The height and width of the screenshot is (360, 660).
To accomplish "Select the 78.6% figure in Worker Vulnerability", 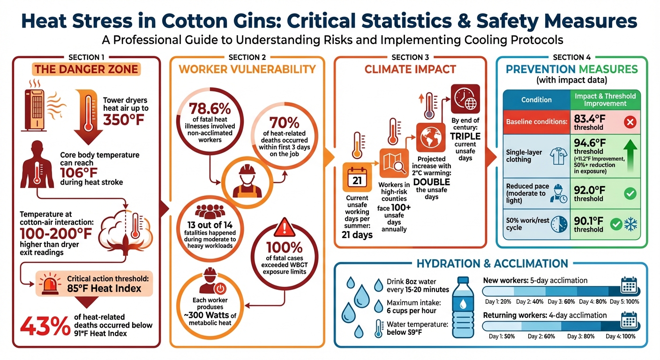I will (x=210, y=109).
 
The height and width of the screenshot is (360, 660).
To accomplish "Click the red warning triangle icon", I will (x=282, y=229).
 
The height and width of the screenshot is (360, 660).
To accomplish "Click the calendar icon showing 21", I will (x=357, y=179).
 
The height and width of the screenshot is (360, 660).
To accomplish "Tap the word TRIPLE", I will (x=465, y=136).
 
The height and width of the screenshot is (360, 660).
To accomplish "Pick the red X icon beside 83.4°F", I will (x=630, y=123).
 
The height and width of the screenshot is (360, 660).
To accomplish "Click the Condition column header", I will (x=536, y=99).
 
